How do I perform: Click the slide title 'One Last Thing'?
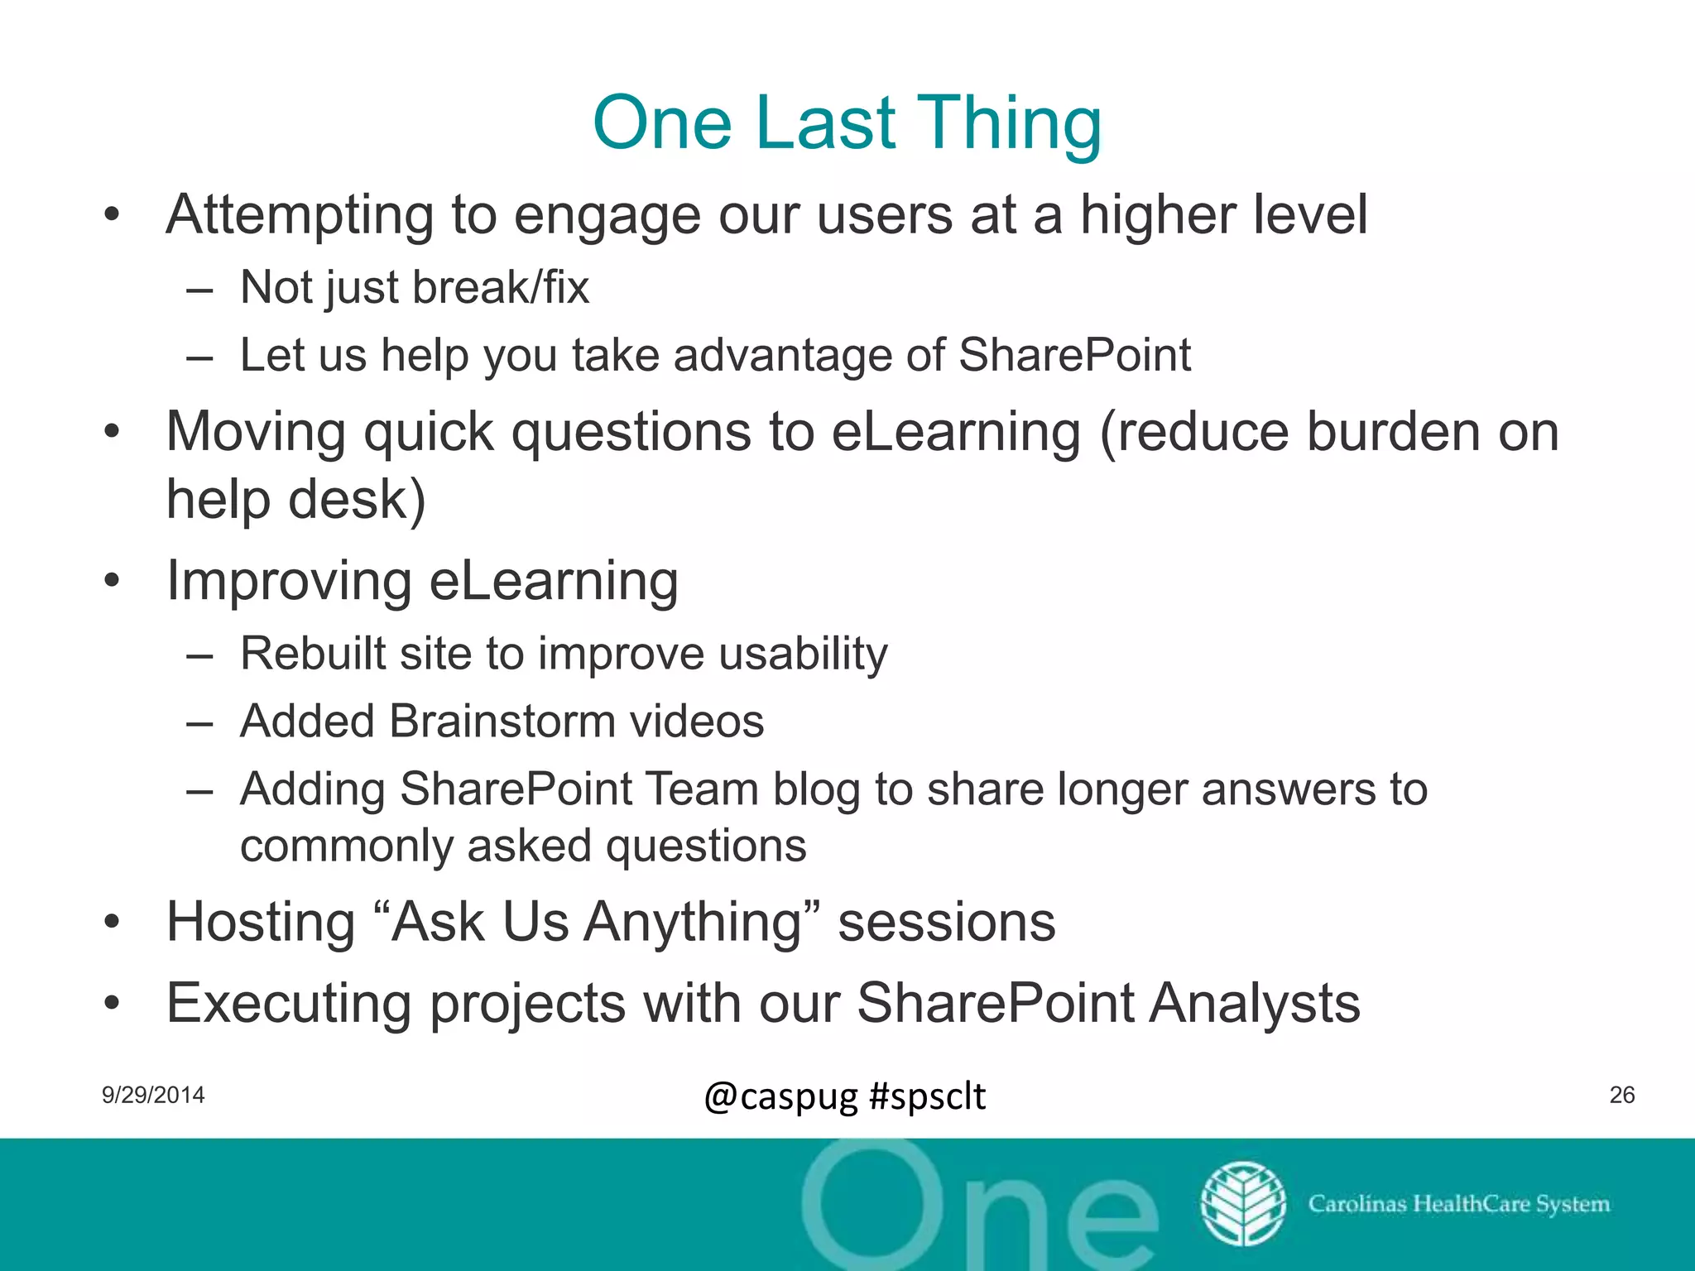click(x=847, y=124)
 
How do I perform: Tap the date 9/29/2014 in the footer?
click(x=153, y=1095)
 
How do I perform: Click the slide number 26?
click(x=1621, y=1095)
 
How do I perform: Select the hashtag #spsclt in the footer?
click(x=927, y=1096)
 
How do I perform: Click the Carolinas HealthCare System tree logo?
click(x=1242, y=1203)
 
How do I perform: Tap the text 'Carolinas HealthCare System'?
click(x=1458, y=1203)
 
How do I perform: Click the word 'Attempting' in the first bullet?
click(x=300, y=215)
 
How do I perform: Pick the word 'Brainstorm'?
click(x=502, y=722)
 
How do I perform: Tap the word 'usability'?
click(x=803, y=655)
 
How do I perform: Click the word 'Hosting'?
click(x=261, y=923)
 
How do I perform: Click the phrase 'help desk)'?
click(x=295, y=500)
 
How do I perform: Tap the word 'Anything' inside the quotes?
click(x=693, y=923)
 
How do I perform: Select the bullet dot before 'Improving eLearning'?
click(x=113, y=581)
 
